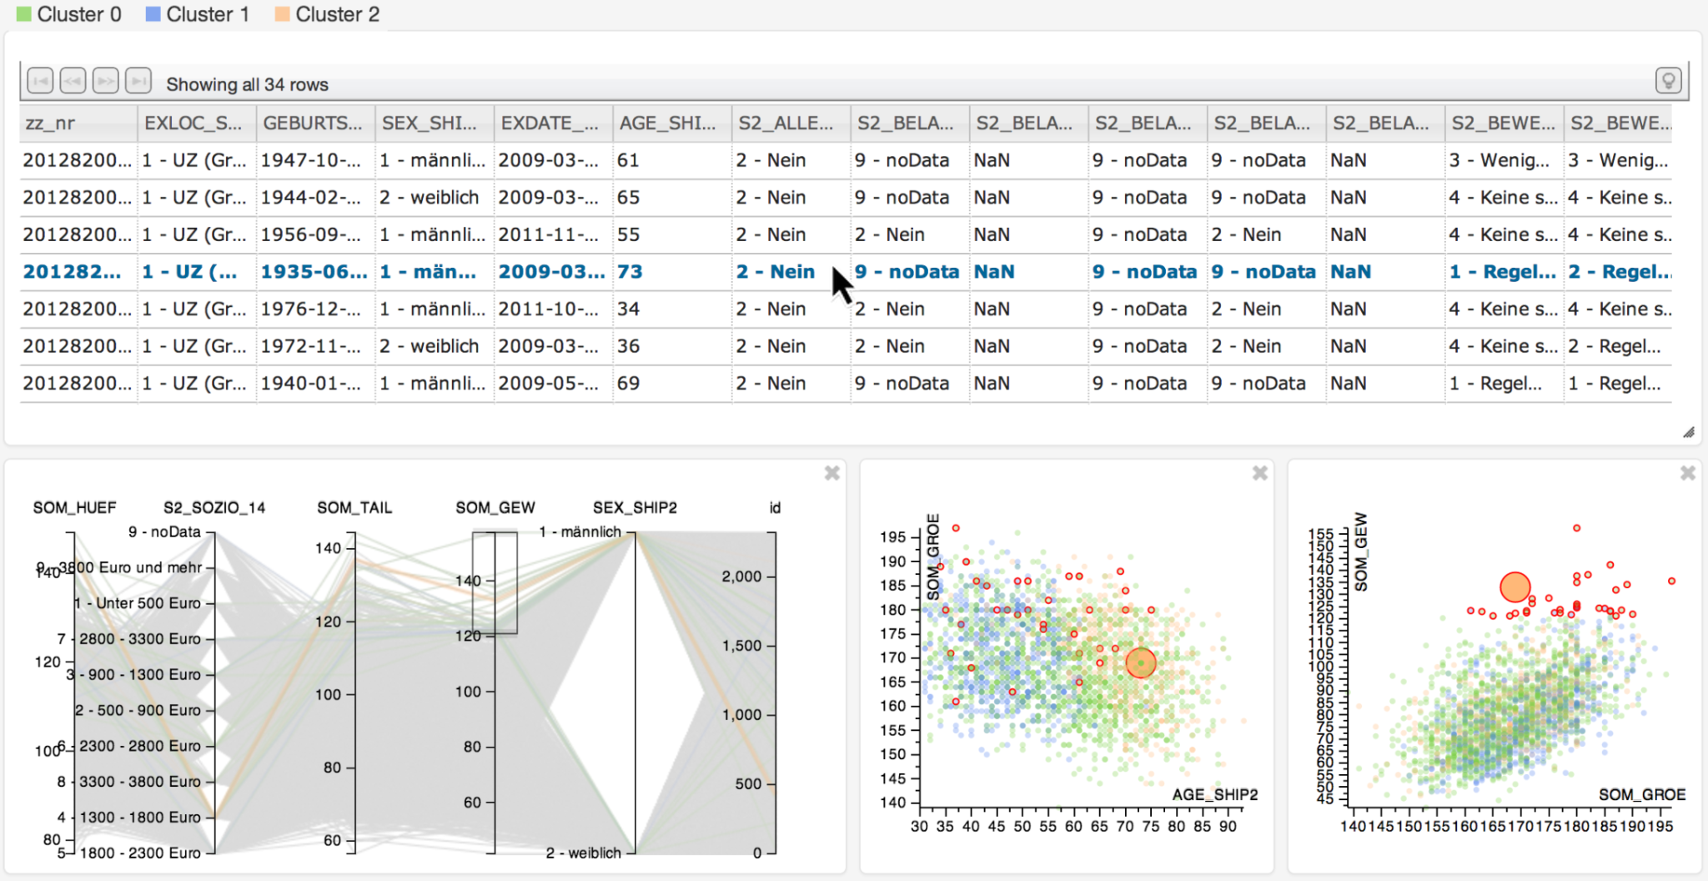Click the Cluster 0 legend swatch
(24, 14)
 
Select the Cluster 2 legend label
(337, 14)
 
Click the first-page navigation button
(40, 81)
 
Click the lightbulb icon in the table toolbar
(1668, 81)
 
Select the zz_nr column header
(50, 123)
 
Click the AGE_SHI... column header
(667, 123)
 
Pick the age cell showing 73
(630, 272)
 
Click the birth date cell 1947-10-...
(310, 160)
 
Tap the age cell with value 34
(628, 309)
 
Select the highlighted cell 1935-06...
(314, 272)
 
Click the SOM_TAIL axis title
(354, 507)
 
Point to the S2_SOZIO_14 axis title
(214, 507)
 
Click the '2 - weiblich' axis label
(584, 853)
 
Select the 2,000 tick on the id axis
(741, 576)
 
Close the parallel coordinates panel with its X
(831, 474)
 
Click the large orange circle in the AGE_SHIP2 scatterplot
(1141, 663)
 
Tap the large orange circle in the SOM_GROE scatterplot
(1515, 587)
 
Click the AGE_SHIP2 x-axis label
(1214, 794)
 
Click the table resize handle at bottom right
(1688, 432)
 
